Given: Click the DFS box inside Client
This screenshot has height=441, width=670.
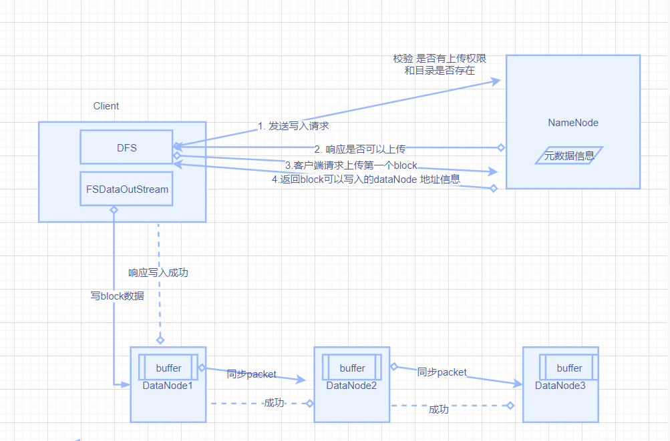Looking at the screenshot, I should [126, 147].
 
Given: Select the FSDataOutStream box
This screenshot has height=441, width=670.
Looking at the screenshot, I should [126, 189].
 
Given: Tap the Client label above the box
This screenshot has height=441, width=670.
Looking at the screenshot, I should [106, 106].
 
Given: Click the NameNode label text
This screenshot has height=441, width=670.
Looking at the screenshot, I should [573, 123].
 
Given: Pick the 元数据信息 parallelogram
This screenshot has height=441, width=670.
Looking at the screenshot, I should [569, 156].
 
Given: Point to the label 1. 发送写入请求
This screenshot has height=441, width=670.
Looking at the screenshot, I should [293, 125].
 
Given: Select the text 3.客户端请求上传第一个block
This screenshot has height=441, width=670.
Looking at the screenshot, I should [351, 165].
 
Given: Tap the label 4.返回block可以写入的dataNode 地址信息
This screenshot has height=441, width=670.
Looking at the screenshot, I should [366, 179].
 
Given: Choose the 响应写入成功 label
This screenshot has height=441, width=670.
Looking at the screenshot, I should [158, 272].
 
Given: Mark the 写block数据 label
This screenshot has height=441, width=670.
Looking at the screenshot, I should [117, 296].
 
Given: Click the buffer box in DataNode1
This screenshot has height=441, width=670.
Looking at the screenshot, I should [168, 368].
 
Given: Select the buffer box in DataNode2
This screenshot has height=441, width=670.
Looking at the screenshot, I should [352, 368].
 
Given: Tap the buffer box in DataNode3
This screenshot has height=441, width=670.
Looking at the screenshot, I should [569, 368].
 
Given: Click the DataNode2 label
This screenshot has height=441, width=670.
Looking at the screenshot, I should [351, 385].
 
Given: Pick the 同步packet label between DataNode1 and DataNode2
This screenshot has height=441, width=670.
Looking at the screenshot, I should [251, 374].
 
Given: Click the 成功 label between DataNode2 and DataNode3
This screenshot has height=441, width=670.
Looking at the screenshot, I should [439, 409].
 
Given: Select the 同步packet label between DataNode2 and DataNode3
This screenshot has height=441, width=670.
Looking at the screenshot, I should [442, 372].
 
